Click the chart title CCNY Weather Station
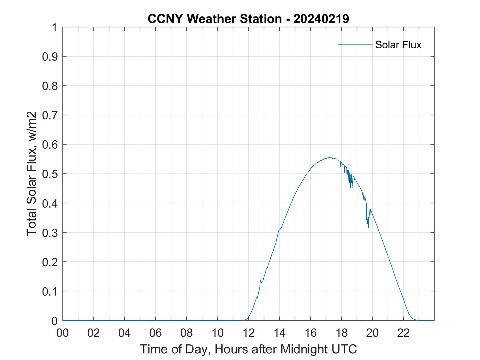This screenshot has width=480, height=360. click(x=214, y=19)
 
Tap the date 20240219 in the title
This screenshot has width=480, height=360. click(x=321, y=19)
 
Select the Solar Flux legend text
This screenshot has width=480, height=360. click(x=398, y=45)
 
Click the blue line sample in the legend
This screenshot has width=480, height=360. click(x=355, y=44)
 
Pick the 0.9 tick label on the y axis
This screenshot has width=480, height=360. click(x=50, y=56)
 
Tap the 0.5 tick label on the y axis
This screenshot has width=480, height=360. click(x=50, y=174)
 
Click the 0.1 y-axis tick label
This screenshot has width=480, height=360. click(x=50, y=291)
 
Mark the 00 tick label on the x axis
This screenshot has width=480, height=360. click(x=63, y=333)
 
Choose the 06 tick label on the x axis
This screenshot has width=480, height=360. click(x=156, y=333)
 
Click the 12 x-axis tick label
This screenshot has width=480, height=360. click(x=249, y=333)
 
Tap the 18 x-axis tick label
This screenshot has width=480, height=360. click(x=341, y=333)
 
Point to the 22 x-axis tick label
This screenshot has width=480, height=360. click(x=403, y=333)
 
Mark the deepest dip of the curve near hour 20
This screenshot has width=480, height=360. click(x=368, y=227)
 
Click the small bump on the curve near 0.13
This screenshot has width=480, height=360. click(x=261, y=280)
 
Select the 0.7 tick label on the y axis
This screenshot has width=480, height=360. click(x=50, y=115)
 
